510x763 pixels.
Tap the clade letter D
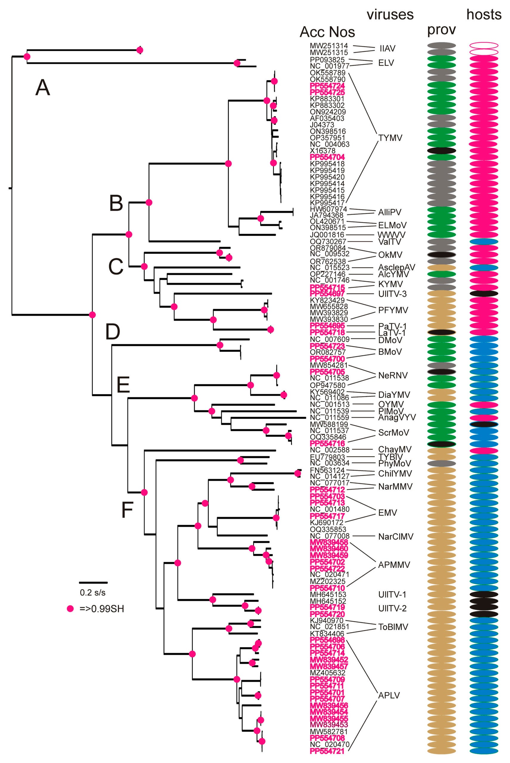click(x=113, y=332)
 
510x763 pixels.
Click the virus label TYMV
click(x=390, y=138)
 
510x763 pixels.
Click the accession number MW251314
click(x=328, y=46)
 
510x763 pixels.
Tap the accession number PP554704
click(x=327, y=157)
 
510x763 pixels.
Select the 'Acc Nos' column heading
click(x=327, y=32)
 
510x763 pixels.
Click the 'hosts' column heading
click(x=484, y=15)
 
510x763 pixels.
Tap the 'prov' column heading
click(x=441, y=30)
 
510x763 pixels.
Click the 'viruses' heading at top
click(x=390, y=15)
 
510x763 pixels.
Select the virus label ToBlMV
click(x=393, y=627)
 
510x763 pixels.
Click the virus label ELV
click(x=386, y=63)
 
